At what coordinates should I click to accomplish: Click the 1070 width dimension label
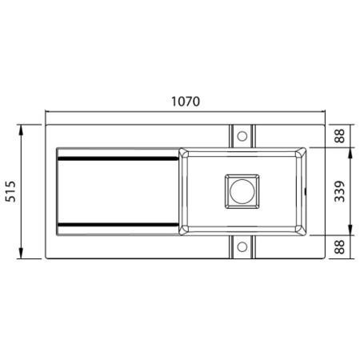(186, 102)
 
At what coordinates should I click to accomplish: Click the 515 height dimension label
(11, 191)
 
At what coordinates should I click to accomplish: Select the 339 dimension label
(340, 191)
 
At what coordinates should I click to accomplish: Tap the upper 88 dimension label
(340, 136)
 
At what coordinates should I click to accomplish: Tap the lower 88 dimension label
(340, 247)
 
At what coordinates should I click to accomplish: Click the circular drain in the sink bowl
(242, 191)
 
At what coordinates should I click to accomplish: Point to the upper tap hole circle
(242, 136)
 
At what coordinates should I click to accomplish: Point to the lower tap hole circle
(242, 247)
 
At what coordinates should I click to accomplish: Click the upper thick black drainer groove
(118, 159)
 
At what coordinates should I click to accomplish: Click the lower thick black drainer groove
(118, 225)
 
